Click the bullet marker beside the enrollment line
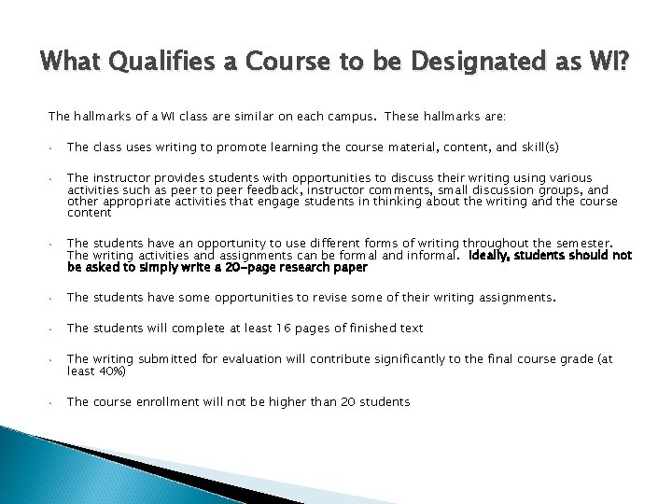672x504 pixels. [53, 401]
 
